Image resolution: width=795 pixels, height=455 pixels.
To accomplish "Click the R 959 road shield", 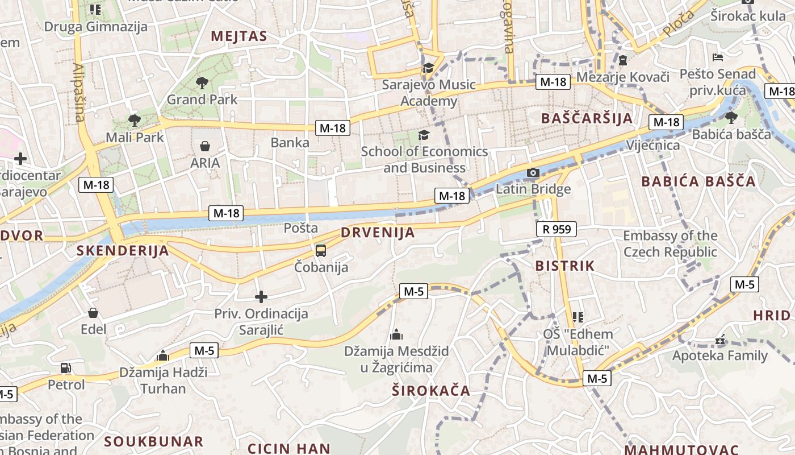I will point(556,229).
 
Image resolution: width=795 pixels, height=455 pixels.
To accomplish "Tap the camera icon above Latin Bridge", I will point(533,173).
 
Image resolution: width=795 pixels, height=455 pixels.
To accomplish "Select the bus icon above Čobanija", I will point(321,251).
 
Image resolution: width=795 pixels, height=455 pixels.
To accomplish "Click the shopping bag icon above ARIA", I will point(205,146).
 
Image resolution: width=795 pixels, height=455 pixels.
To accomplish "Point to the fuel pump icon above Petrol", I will point(66,368).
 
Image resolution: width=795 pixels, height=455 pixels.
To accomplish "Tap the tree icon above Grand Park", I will point(202,84).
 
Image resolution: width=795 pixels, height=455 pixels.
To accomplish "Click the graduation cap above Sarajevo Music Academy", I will point(428,68).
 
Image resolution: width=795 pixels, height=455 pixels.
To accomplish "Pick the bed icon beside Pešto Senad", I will point(718,57).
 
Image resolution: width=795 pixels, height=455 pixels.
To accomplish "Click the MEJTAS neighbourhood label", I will point(238,36).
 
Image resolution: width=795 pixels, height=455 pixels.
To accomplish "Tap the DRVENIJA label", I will point(378,233).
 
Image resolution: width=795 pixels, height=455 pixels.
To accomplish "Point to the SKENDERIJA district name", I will point(123,251).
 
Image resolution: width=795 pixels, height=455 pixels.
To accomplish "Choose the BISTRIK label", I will point(565,266).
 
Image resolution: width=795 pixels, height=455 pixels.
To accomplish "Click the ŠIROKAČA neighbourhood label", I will point(431,390).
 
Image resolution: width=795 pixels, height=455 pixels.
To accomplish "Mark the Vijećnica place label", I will point(652,145).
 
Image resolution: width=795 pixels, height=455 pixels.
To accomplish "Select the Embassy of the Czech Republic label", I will point(670,243).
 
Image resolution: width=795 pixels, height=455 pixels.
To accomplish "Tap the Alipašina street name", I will point(78,93).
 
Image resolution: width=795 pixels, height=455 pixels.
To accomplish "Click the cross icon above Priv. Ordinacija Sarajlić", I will point(261,297).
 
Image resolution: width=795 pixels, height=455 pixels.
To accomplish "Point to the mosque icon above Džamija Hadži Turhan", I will point(164,356).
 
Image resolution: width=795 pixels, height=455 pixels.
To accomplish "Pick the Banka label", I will point(290,142).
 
